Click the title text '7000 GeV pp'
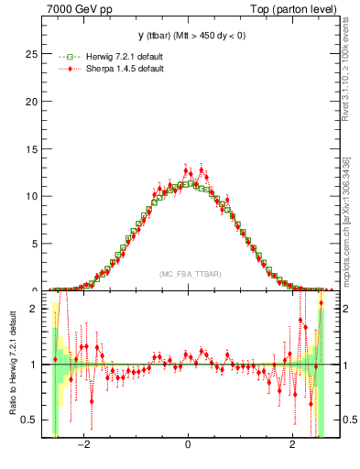tap(73, 8)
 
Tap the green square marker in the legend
tap(66, 57)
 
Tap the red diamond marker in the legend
tap(66, 69)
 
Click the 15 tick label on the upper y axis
tap(33, 148)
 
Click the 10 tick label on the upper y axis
tap(33, 196)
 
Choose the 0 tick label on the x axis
tap(188, 446)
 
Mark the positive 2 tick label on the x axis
tap(292, 446)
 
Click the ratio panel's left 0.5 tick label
tap(31, 420)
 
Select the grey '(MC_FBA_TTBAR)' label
tap(188, 274)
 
